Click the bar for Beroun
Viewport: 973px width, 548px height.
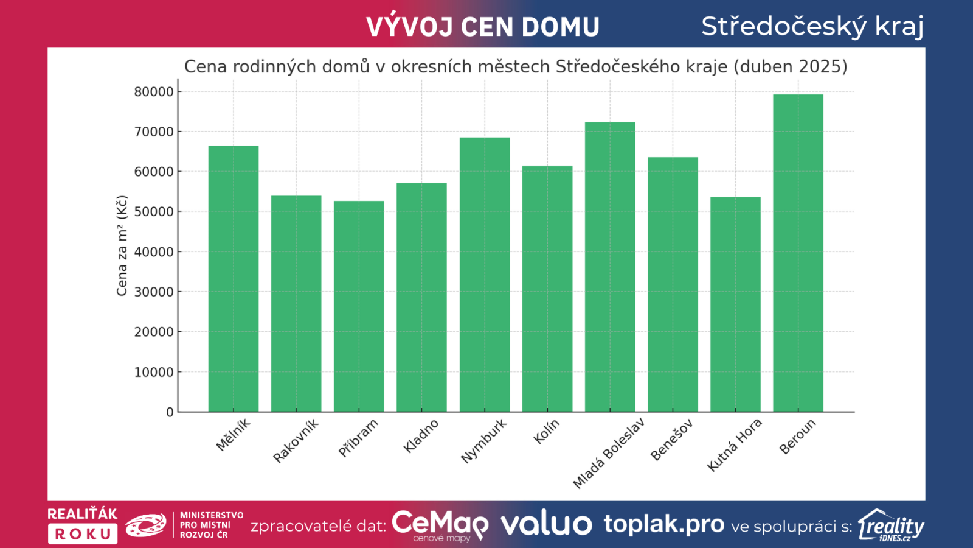click(x=798, y=253)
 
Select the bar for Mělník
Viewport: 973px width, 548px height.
click(x=234, y=279)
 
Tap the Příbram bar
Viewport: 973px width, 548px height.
click(x=359, y=306)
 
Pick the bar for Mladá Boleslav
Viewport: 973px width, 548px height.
click(x=610, y=267)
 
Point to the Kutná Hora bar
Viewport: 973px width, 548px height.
click(x=735, y=304)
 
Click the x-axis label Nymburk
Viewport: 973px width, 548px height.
click(x=484, y=441)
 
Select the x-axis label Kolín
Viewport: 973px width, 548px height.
click(x=546, y=432)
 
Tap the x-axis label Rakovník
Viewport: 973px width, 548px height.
click(x=296, y=441)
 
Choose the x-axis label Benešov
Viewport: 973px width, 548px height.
click(x=671, y=440)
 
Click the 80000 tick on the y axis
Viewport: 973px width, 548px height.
click(x=154, y=92)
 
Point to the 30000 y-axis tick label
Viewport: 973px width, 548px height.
click(x=154, y=292)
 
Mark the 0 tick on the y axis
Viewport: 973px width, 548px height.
click(x=170, y=412)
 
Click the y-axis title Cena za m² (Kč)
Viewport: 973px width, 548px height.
click(x=122, y=246)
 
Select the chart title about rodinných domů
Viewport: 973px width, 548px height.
click(x=516, y=66)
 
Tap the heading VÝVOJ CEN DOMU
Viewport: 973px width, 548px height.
click(x=483, y=27)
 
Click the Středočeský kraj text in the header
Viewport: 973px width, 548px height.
click(x=812, y=26)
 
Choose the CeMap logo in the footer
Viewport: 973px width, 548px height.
click(x=440, y=525)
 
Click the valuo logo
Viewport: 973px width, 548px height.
click(x=546, y=524)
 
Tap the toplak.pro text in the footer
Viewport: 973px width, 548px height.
click(x=663, y=524)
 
